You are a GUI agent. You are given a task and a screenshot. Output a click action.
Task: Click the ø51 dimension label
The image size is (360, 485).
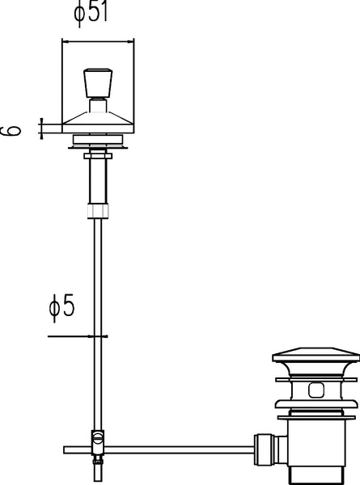(90, 12)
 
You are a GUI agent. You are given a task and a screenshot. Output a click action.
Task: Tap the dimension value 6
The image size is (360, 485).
(11, 130)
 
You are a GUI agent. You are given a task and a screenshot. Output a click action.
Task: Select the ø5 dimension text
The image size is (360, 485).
(62, 306)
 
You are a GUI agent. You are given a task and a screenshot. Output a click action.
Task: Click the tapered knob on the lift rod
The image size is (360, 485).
(98, 83)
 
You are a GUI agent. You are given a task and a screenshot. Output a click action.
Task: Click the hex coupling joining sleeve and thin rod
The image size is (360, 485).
(98, 211)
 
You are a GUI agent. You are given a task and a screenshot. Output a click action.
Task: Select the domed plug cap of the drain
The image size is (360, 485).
(316, 355)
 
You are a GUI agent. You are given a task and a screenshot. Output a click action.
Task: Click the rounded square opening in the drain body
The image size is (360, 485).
(316, 390)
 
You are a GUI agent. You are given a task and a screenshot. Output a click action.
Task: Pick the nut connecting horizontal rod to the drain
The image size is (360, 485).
(262, 449)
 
